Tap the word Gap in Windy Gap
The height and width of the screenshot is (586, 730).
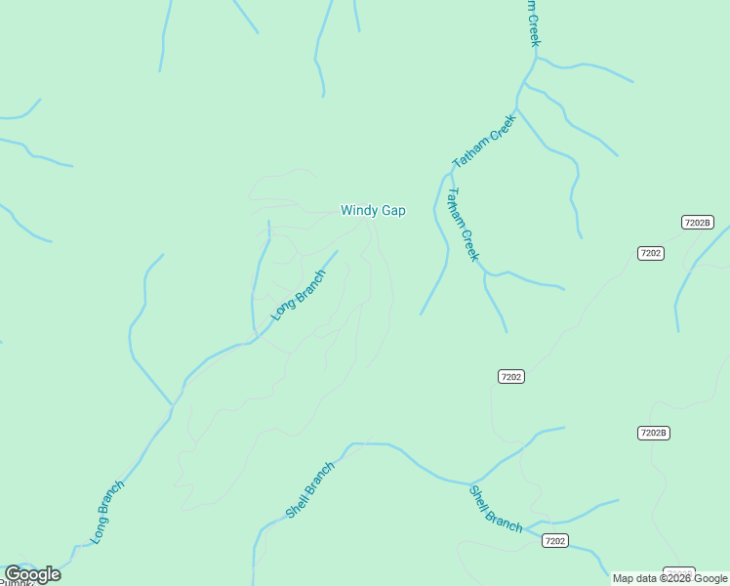(x=393, y=210)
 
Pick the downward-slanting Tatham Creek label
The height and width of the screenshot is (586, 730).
(x=462, y=225)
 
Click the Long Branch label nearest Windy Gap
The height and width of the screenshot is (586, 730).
(x=297, y=295)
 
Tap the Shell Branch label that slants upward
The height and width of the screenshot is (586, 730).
(x=310, y=489)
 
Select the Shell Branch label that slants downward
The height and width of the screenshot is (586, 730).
(x=496, y=509)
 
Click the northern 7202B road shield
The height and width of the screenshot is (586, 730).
(x=698, y=223)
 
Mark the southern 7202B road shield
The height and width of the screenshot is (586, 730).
(x=653, y=433)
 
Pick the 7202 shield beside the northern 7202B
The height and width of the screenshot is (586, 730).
(x=651, y=253)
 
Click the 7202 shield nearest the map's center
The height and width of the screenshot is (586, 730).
(x=511, y=376)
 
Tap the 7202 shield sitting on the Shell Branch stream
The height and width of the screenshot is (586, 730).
(x=554, y=540)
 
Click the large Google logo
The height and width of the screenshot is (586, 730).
(x=32, y=574)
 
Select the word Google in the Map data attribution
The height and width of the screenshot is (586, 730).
(x=711, y=578)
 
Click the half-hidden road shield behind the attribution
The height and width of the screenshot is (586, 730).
(x=678, y=570)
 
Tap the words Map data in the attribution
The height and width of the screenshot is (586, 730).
(x=634, y=578)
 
